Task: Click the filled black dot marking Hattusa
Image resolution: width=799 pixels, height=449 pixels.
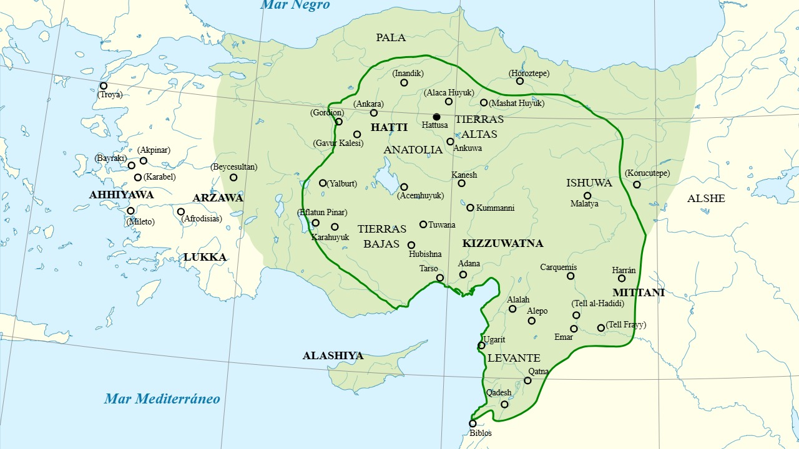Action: coord(436,117)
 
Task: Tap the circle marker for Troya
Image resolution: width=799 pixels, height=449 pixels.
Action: coord(104,86)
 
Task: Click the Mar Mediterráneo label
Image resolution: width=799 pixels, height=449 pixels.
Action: coord(162,398)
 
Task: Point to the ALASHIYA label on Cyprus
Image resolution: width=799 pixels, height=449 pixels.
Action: coord(333,355)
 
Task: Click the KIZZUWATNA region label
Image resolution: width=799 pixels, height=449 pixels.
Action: coord(502,243)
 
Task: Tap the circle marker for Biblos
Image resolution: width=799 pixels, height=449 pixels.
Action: coord(473,423)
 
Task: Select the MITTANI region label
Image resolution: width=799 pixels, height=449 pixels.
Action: coord(638,292)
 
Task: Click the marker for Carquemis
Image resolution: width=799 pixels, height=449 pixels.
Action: coord(571,276)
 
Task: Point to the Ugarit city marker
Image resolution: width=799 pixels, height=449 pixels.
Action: coord(481,345)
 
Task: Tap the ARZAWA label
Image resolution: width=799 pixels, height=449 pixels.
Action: coord(218,198)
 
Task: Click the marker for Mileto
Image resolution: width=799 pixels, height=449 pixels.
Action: coord(131,211)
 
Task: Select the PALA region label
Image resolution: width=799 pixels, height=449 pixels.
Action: coord(391,37)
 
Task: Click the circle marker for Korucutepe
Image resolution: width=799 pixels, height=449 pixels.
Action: coord(637,185)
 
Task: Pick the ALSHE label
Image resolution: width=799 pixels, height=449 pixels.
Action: coord(706,198)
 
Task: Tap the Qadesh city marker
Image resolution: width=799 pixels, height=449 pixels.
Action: coord(504,404)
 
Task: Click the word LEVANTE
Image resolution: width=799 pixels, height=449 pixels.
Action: coord(514,358)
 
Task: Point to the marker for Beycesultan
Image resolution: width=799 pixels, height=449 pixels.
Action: coord(233,178)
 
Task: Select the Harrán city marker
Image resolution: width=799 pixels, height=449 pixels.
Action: coord(622,278)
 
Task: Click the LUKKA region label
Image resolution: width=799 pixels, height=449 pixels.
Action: coord(205,257)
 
